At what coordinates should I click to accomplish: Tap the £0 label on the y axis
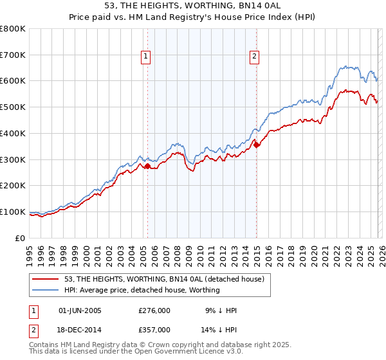coord(21,238)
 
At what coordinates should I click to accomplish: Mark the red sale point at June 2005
coord(147,166)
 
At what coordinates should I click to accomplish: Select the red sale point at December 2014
coord(257,145)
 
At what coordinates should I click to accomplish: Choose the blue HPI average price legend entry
coord(142,290)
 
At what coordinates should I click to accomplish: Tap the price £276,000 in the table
coord(154,310)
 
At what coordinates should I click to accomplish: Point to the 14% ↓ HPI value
coord(219,329)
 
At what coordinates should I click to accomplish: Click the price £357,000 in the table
coord(154,329)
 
